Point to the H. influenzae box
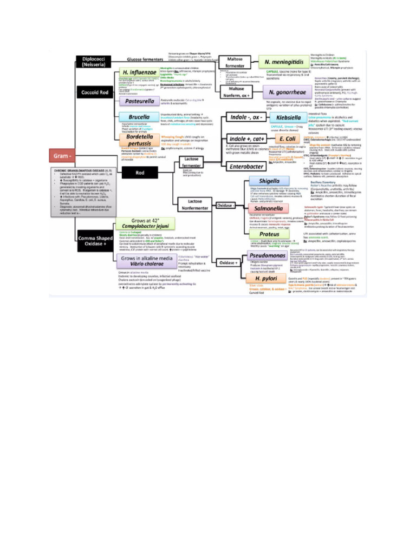[x=140, y=73]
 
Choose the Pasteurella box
[x=139, y=101]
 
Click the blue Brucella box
[x=139, y=117]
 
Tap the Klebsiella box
[x=285, y=117]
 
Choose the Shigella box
[x=270, y=181]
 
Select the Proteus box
[x=269, y=234]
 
